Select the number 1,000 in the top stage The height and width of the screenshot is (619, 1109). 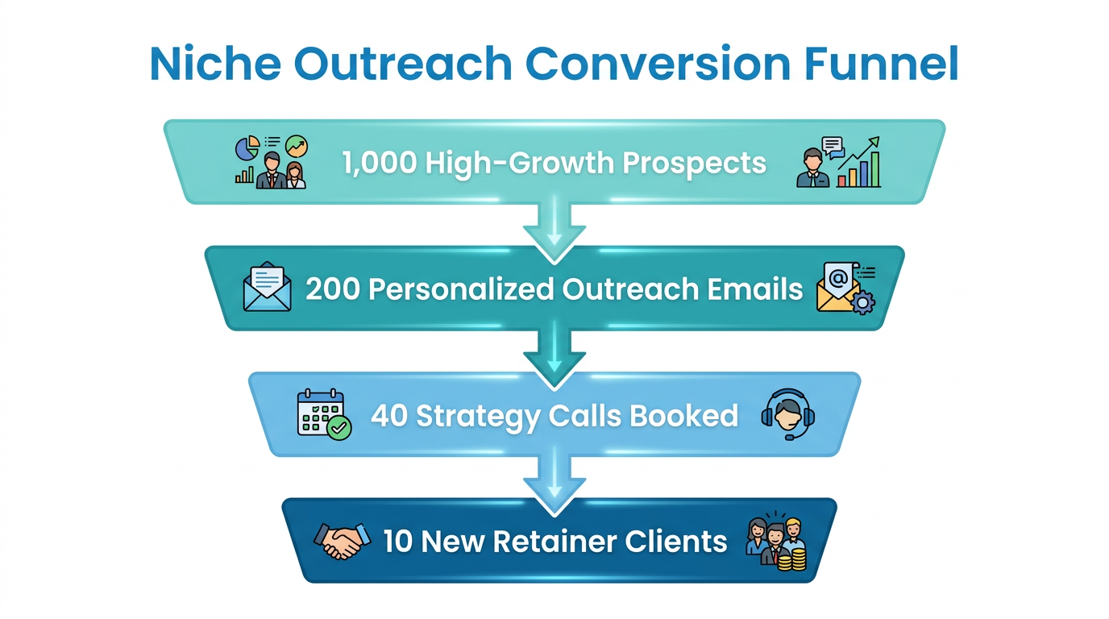coord(379,163)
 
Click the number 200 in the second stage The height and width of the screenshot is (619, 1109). coord(332,289)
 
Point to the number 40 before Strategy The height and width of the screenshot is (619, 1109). coord(389,416)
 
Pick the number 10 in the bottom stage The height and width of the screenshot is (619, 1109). coord(397,541)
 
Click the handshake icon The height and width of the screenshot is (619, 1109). coord(342,540)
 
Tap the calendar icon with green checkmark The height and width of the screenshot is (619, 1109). coord(323,414)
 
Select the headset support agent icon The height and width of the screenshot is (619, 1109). coord(787,414)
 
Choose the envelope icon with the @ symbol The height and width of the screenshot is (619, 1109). coord(840,287)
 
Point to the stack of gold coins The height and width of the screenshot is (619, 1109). coord(791,557)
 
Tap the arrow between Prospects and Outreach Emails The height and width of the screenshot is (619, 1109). coord(554,230)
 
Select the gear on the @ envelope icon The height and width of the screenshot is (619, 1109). coord(862,304)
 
